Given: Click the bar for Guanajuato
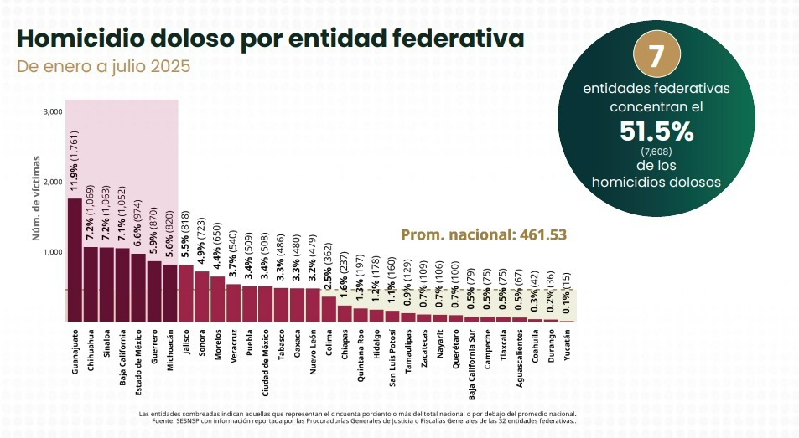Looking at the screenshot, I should [75, 260].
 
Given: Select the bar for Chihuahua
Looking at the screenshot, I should [91, 284].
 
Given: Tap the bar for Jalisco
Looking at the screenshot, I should [186, 293].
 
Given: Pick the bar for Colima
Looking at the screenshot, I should [329, 309].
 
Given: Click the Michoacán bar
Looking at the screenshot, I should [170, 293].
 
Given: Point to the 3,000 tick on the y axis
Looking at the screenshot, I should [53, 111].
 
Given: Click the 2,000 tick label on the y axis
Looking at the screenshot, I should [53, 182].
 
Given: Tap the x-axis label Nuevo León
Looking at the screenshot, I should [313, 351].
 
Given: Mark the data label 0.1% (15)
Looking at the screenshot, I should [568, 294].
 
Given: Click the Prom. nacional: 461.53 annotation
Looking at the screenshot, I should [484, 235].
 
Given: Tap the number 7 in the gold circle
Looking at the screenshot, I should [656, 57].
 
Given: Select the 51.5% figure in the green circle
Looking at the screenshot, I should [656, 131].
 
